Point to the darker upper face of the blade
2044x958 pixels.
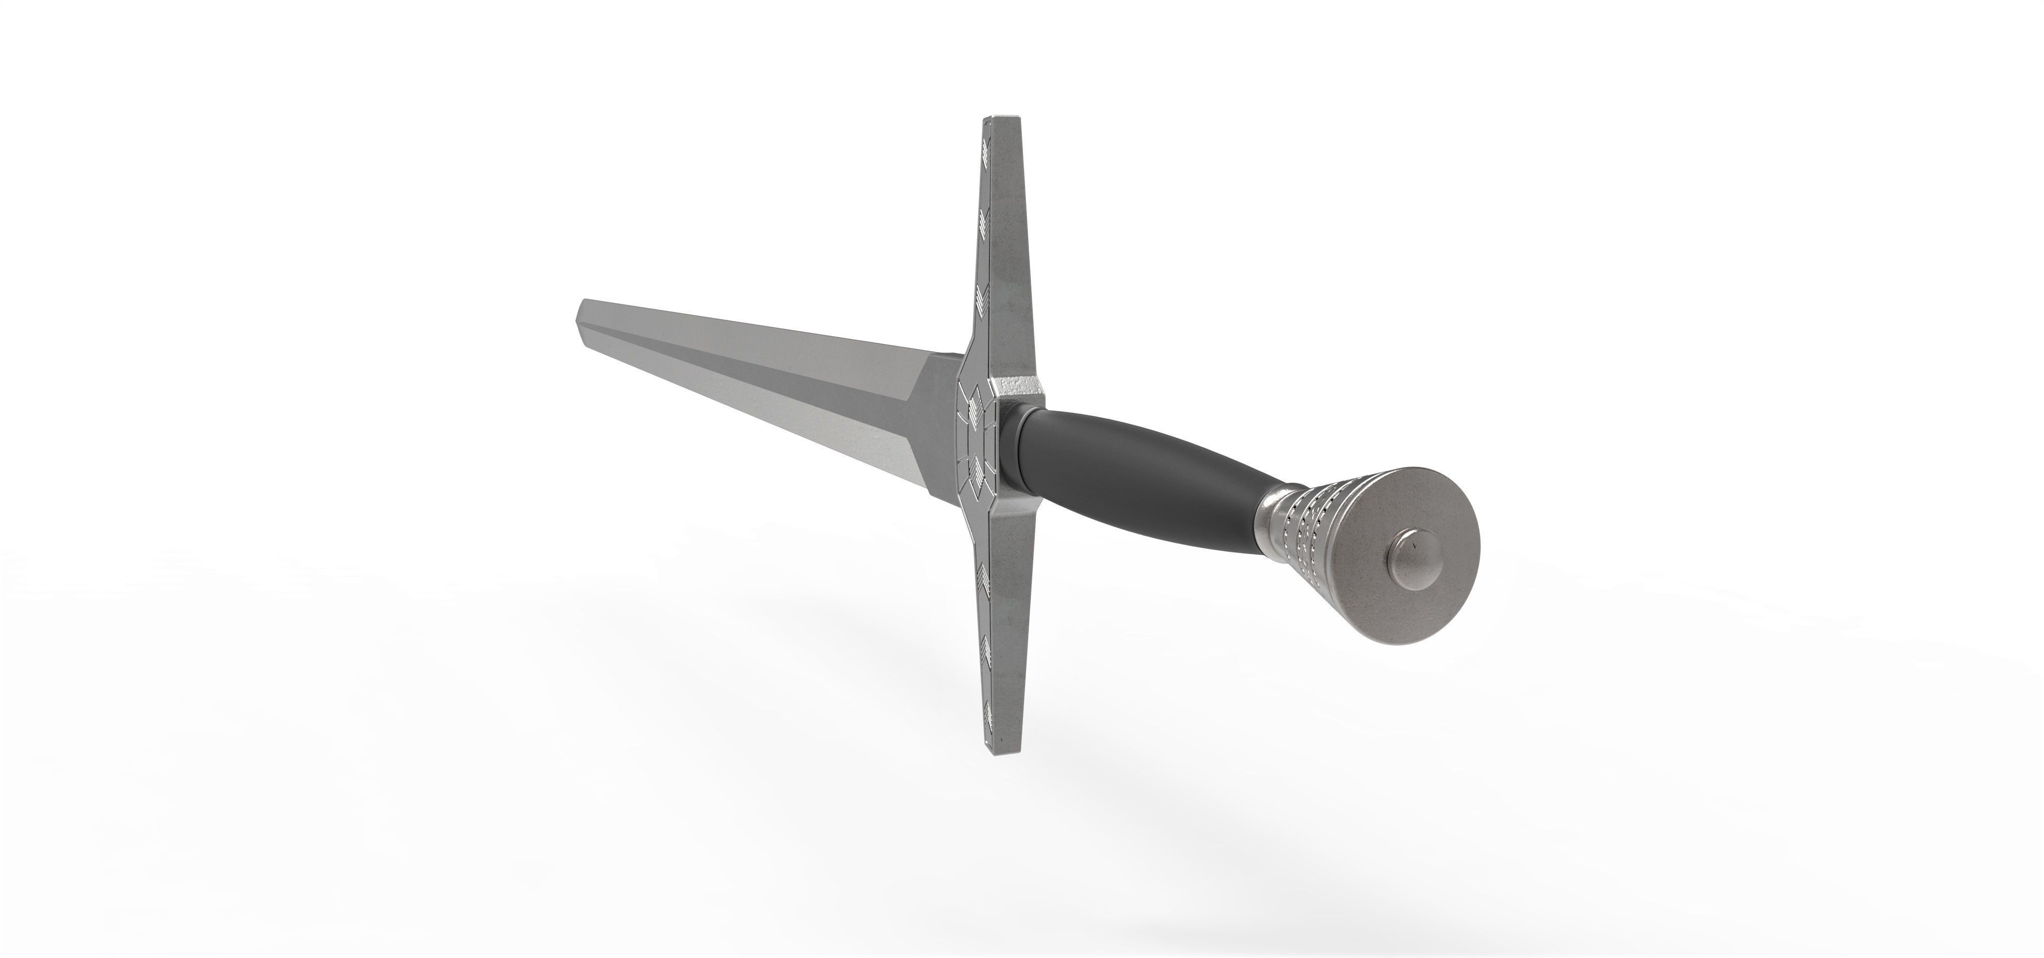pyautogui.click(x=794, y=345)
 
